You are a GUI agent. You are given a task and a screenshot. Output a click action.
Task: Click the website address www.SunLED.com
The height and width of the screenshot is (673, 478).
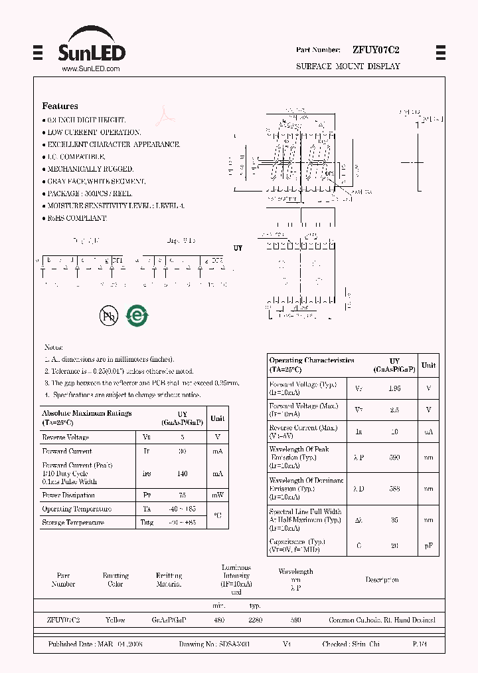(90, 68)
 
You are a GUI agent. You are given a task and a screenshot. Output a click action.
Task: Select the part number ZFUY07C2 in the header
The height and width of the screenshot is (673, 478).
(376, 50)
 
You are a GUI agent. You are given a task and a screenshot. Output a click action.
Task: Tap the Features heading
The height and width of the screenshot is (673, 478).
(60, 106)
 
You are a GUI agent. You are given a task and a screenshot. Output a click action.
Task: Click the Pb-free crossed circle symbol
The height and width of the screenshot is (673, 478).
(108, 316)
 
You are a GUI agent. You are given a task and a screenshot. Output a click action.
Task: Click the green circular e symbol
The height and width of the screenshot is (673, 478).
(137, 315)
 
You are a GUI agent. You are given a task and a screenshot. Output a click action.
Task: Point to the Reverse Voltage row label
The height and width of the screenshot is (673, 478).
(65, 438)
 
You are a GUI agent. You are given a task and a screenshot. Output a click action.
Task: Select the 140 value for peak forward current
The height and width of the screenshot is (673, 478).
(182, 473)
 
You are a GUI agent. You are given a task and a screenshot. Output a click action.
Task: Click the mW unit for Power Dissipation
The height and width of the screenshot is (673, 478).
(217, 495)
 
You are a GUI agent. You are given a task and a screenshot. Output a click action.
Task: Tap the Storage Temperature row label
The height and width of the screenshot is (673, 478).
(73, 523)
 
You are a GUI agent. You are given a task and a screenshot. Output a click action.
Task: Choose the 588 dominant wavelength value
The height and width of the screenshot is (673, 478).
(394, 489)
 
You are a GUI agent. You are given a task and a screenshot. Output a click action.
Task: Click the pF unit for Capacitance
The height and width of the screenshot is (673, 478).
(429, 546)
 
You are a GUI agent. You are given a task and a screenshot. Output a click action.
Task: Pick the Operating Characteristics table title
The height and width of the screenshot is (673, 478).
(311, 364)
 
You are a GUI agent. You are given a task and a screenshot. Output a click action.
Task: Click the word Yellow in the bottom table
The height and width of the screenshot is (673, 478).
(115, 620)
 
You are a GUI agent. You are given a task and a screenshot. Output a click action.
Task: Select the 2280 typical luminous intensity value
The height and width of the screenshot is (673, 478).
(255, 620)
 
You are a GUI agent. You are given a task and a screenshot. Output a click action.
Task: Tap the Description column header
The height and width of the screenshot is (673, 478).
(382, 580)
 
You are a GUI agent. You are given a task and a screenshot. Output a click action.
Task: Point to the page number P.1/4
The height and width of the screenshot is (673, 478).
(420, 644)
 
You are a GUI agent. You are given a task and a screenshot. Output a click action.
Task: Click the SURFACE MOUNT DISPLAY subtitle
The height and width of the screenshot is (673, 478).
(348, 67)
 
